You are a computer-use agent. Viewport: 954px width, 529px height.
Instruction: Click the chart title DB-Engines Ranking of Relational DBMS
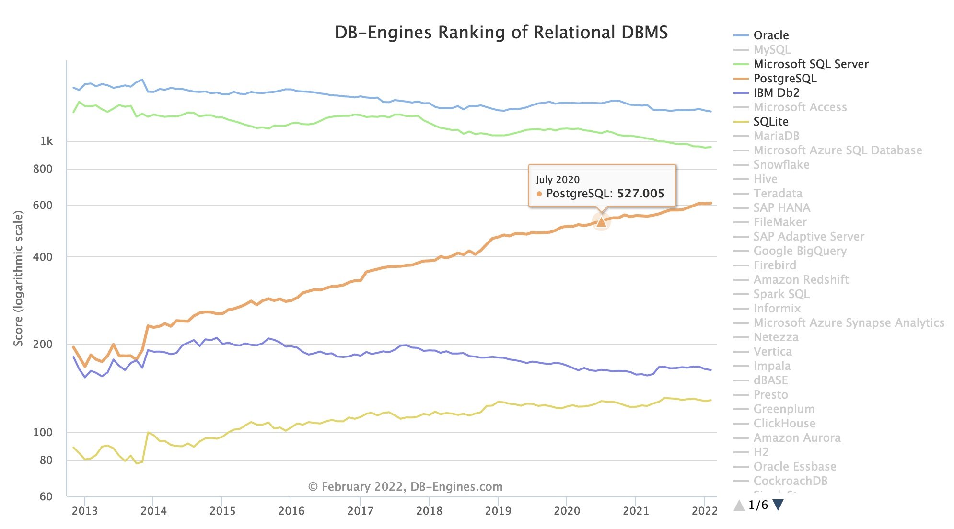coord(501,33)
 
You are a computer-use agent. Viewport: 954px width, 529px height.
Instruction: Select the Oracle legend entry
coord(770,35)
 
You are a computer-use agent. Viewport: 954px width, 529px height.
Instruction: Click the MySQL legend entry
coord(771,50)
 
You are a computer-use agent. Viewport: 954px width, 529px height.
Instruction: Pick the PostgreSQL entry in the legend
coord(784,79)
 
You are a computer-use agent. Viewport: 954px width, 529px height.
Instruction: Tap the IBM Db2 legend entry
coord(776,93)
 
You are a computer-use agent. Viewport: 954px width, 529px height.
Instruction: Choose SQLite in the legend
coord(770,122)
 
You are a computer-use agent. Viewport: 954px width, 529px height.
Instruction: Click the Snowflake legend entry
coord(781,165)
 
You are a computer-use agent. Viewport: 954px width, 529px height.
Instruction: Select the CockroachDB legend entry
coord(790,481)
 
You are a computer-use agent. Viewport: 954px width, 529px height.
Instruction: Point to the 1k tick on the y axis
coord(47,141)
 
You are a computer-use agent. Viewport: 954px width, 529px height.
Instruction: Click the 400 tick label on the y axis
coord(43,257)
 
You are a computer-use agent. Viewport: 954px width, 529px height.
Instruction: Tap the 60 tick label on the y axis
coord(46,497)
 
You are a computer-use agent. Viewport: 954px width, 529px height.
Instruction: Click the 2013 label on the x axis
coord(85,511)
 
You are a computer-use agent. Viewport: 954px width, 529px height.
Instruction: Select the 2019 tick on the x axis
coord(498,511)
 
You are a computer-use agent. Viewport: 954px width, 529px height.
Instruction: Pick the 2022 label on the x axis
coord(704,511)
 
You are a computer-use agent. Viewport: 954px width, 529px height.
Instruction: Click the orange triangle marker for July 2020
coord(601,221)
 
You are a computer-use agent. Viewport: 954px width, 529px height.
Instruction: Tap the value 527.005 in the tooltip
coord(640,194)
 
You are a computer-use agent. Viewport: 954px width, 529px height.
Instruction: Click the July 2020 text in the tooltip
coord(557,180)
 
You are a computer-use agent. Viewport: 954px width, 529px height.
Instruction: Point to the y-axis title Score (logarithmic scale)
coord(18,278)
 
